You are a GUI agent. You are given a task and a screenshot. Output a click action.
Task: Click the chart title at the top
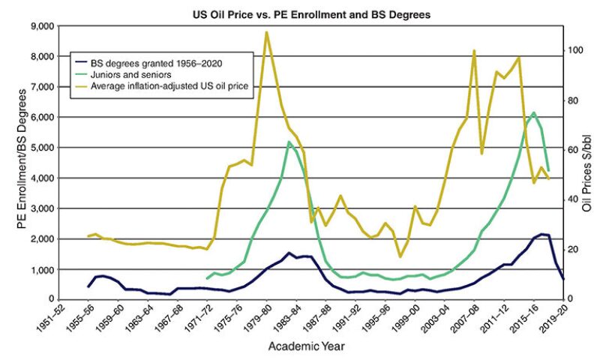[x=300, y=13]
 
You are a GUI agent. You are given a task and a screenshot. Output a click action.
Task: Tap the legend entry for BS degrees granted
[x=149, y=63]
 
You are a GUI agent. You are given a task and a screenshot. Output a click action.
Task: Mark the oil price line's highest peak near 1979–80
[x=267, y=32]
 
